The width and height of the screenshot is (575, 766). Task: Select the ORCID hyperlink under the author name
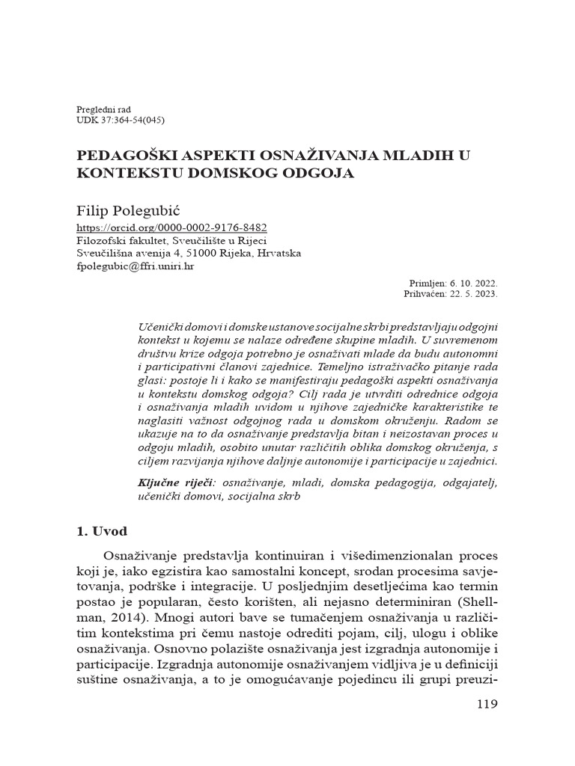point(172,227)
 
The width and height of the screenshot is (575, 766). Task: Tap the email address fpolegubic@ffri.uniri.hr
point(136,266)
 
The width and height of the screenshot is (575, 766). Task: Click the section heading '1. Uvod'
point(102,532)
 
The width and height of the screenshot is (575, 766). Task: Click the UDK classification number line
point(121,120)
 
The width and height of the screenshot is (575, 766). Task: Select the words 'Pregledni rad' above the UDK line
point(103,109)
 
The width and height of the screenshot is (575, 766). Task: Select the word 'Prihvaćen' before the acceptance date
point(425,294)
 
